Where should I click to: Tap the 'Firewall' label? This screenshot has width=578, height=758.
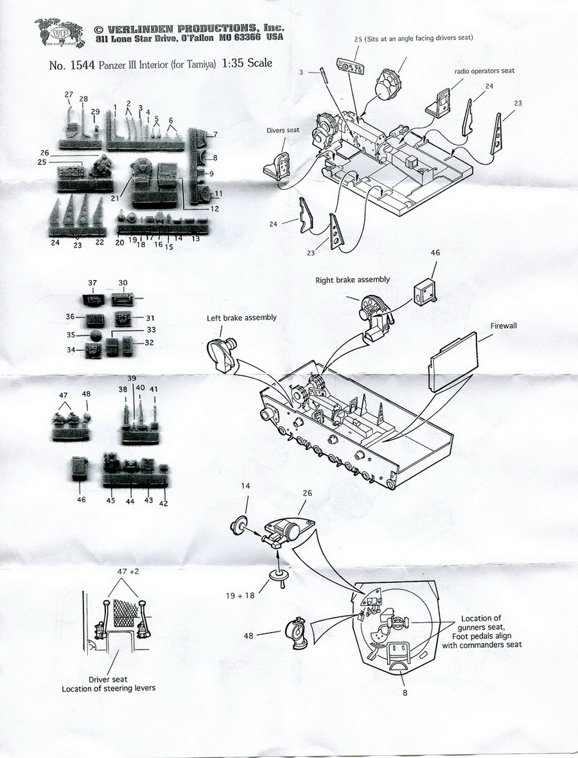pyautogui.click(x=503, y=326)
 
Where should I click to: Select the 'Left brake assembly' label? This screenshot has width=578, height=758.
pyautogui.click(x=241, y=318)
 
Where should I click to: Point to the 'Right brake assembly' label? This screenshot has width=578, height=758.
pyautogui.click(x=353, y=280)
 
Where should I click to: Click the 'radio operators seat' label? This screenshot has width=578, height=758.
pyautogui.click(x=485, y=71)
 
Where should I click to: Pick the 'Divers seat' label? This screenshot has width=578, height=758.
pyautogui.click(x=284, y=130)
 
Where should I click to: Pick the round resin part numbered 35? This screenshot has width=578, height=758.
pyautogui.click(x=94, y=335)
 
